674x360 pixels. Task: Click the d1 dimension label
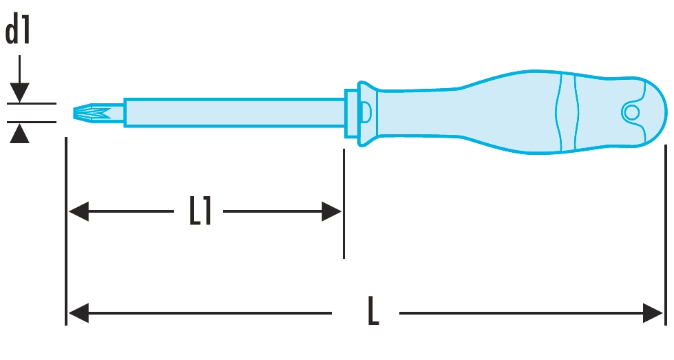point(19,32)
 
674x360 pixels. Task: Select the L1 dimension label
point(200,212)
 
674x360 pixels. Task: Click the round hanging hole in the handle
point(630,112)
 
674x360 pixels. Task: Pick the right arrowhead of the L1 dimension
point(332,212)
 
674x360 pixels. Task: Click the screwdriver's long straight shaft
point(234,112)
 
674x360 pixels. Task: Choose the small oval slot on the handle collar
point(366,111)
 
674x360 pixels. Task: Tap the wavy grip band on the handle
point(569,112)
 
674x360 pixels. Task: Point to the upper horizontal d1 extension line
point(31,104)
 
